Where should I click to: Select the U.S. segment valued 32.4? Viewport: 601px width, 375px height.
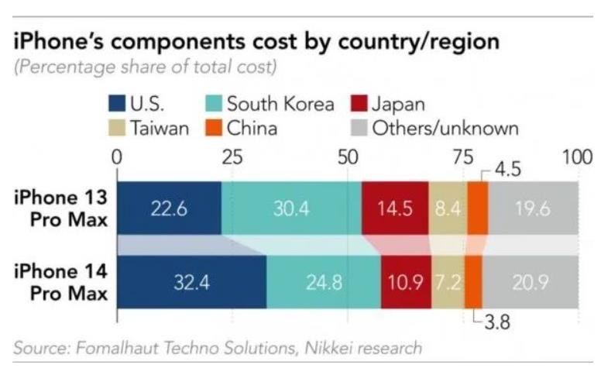[x=191, y=282]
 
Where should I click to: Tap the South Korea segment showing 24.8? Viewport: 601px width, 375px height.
[x=323, y=282]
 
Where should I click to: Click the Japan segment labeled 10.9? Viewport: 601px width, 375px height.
[x=406, y=282]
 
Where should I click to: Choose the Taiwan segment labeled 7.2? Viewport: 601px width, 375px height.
[x=448, y=282]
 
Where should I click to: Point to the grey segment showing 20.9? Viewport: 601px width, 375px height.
[x=530, y=282]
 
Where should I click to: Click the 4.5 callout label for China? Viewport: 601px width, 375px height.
[x=507, y=167]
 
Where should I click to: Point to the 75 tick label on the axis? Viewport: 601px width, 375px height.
[x=462, y=157]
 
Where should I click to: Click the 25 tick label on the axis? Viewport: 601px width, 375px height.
[x=232, y=157]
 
